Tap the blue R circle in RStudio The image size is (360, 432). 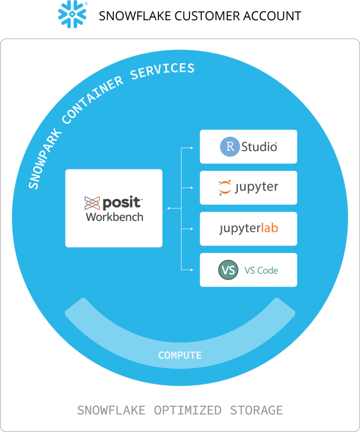click(230, 147)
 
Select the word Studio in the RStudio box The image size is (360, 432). click(259, 147)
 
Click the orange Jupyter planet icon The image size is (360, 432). click(225, 188)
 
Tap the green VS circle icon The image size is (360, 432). click(228, 270)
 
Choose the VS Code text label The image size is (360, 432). click(261, 270)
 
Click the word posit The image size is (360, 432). click(121, 203)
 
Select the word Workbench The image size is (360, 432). click(115, 217)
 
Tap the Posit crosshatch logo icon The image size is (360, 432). click(92, 203)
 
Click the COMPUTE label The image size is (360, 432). click(180, 355)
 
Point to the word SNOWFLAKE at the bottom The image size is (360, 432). click(111, 410)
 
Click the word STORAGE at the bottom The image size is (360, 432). click(256, 410)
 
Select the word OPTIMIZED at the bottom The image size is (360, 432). click(187, 410)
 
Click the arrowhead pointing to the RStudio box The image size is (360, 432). click(192, 148)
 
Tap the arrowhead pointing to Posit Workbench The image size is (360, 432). click(169, 208)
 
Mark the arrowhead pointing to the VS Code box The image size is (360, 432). click(192, 269)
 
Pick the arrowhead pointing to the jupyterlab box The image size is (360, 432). click(192, 229)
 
